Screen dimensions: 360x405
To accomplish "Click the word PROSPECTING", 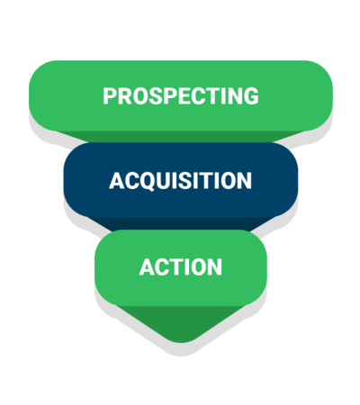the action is coord(181,96).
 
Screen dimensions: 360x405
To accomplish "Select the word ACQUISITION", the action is coord(180,181).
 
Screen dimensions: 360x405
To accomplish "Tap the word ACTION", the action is coord(181,266).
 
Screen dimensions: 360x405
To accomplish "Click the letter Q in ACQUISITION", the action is coord(146,182).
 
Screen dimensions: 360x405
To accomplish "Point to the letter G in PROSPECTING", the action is coord(251,96).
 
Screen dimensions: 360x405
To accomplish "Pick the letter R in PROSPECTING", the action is coord(125,96).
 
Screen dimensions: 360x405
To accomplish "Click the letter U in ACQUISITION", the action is coord(163,181).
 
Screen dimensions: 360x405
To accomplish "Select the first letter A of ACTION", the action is coord(148,266).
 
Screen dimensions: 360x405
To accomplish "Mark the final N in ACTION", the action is coord(215,266).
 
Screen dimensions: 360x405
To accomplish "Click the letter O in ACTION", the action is coord(197,266).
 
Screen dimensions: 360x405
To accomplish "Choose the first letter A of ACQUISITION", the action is coord(117,181).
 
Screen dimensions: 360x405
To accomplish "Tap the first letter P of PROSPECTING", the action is coord(110,96).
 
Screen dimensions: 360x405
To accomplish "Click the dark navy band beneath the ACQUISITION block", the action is coord(181,223).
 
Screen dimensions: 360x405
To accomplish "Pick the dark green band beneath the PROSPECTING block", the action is coord(181,137).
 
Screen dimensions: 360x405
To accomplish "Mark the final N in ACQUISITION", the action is coord(245,181).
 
